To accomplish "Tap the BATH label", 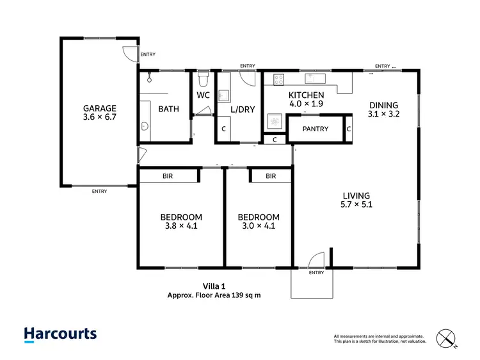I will coord(168,109).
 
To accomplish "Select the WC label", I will coord(203,95).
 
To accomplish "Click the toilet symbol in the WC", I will coord(203,80).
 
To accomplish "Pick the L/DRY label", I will coord(243,109).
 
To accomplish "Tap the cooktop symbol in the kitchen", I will coord(279,80).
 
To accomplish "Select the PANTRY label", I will coord(315,129).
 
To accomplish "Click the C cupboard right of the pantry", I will coord(349,129).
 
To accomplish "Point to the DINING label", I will coord(383,106).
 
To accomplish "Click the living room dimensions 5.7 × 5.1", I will coord(356,206).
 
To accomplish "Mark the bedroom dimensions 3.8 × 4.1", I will coord(181,226).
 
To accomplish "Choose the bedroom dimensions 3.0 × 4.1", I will coord(258,226).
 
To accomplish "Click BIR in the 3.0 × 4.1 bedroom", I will coord(271,176).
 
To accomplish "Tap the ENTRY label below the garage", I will coord(99,192).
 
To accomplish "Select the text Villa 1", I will coord(214,287).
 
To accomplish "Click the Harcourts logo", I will coord(60,334).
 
